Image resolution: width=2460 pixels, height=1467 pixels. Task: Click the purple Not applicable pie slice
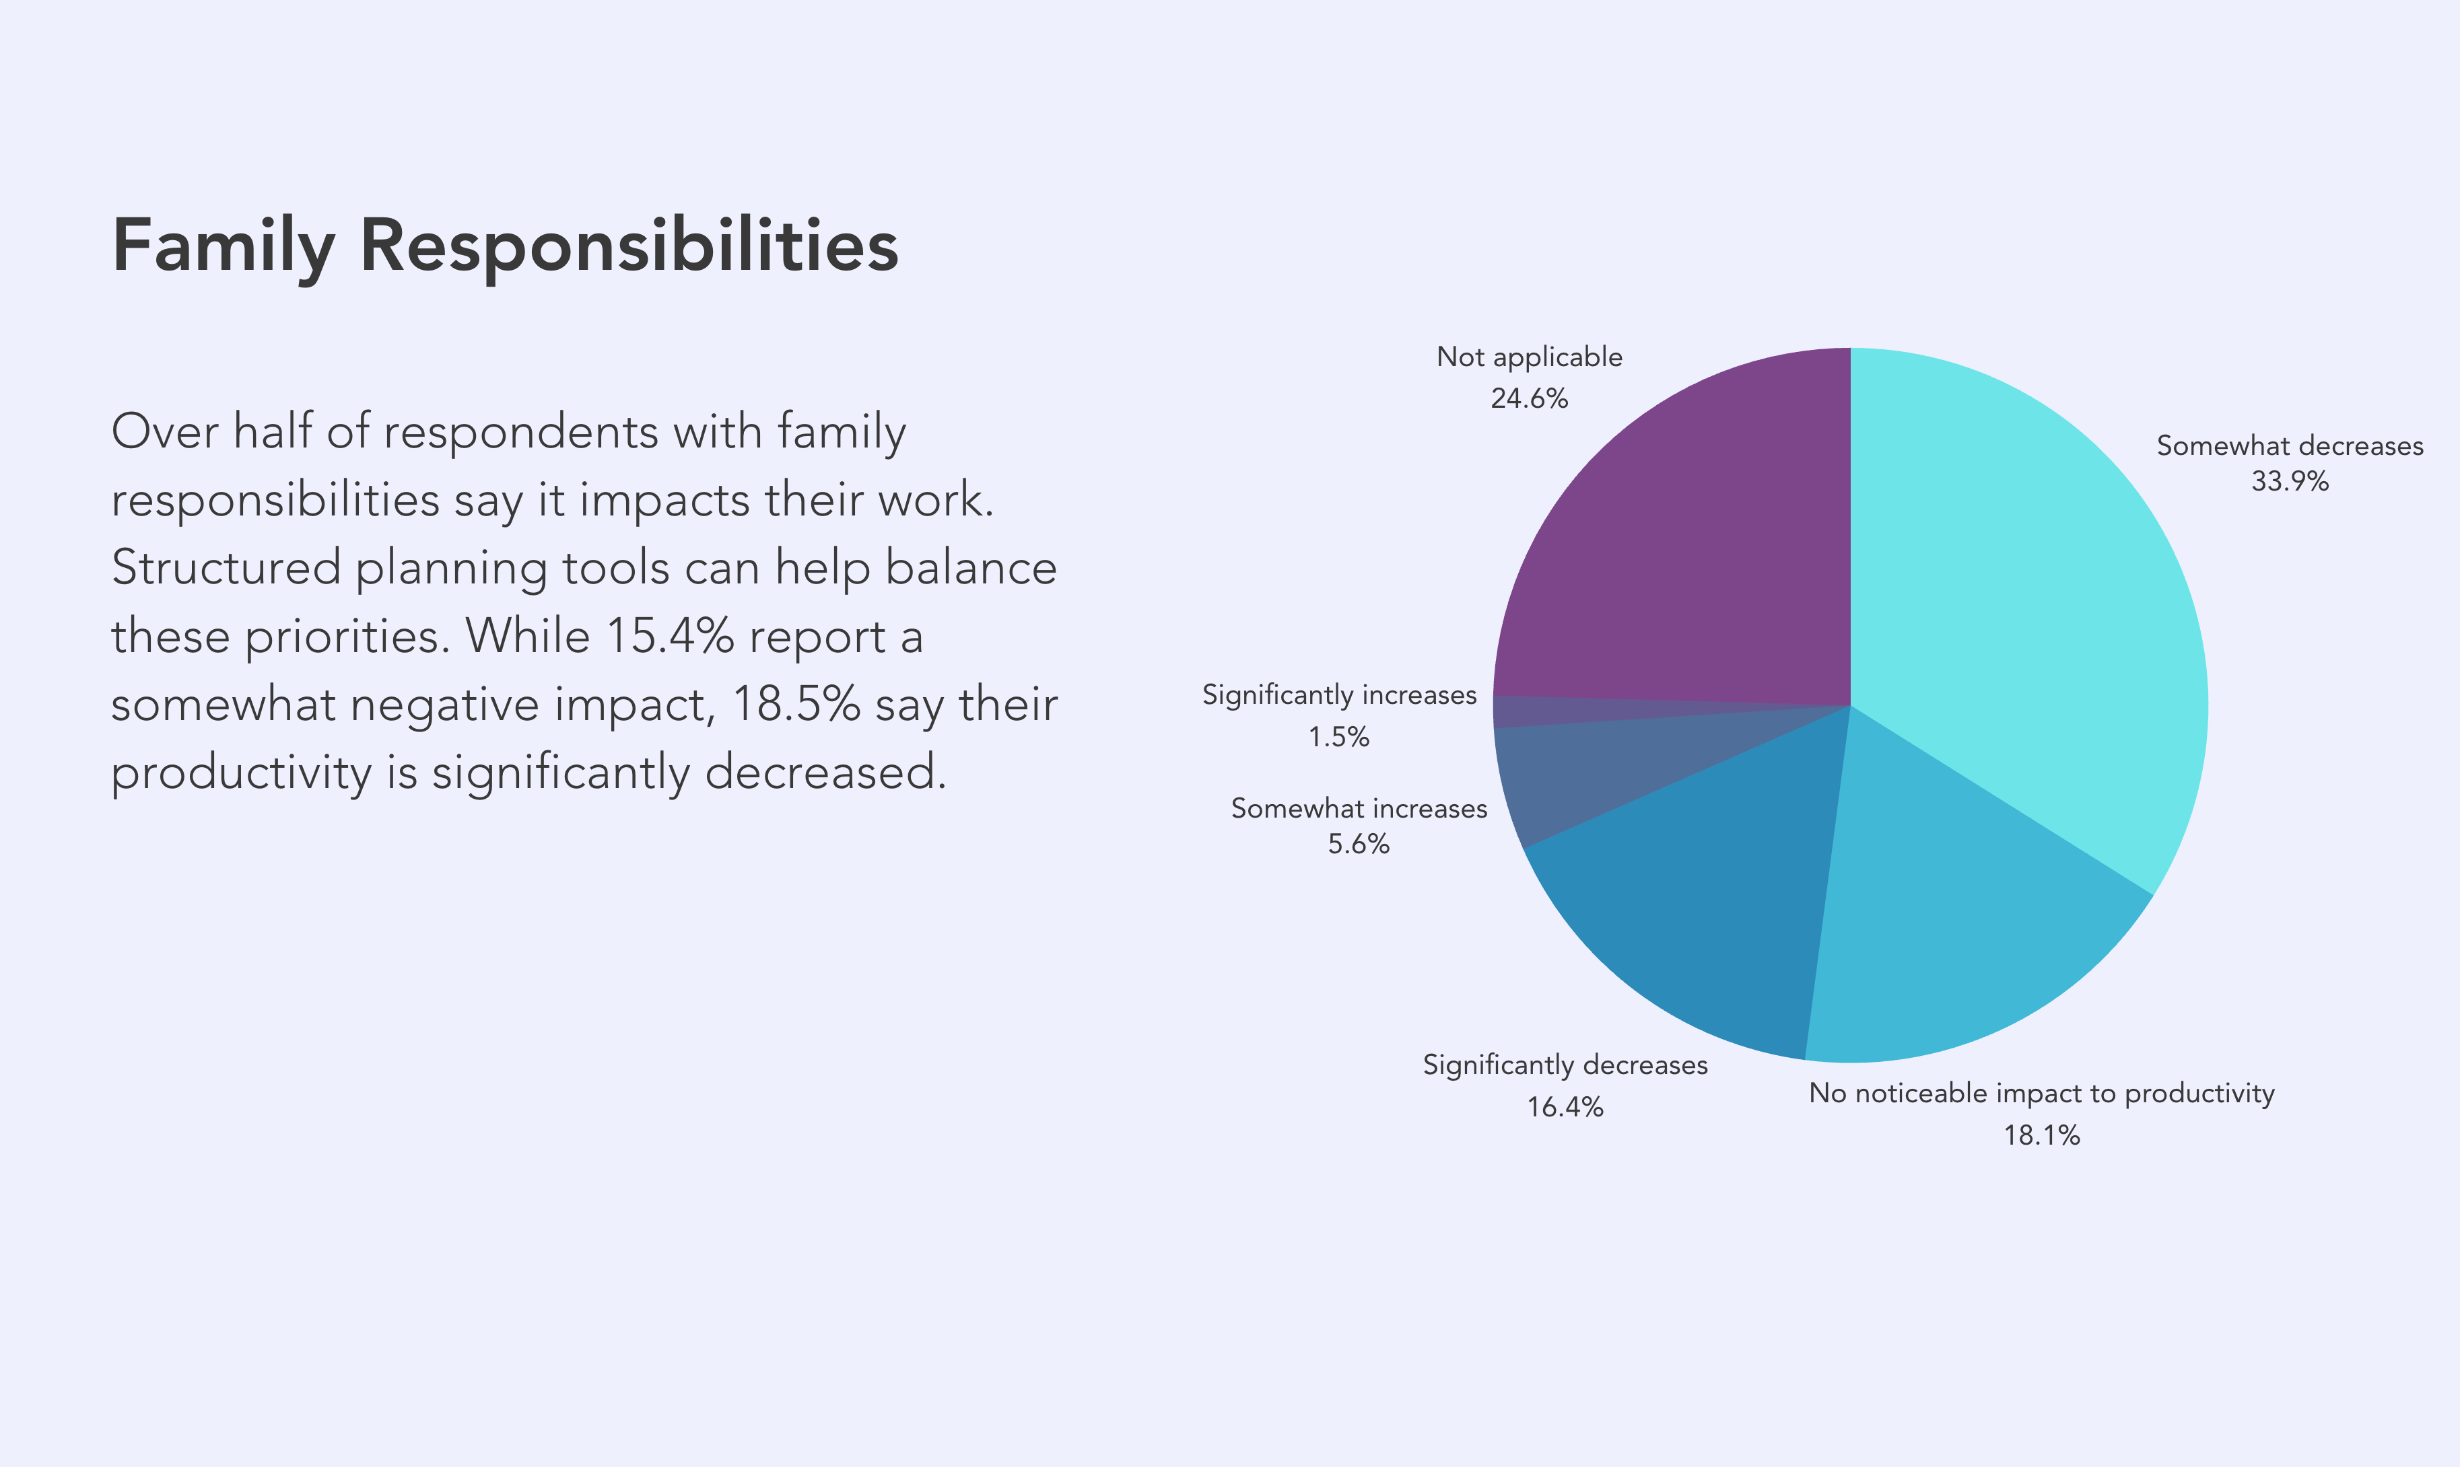pos(1701,554)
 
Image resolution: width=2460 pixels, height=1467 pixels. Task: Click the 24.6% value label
pos(1530,398)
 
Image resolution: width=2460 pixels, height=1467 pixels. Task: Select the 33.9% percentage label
pos(2290,481)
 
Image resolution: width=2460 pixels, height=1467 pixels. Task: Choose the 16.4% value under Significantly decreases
pos(1565,1106)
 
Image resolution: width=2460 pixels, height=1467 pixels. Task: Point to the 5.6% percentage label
pos(1359,845)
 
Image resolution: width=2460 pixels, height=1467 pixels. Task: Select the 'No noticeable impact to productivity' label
pos(2042,1094)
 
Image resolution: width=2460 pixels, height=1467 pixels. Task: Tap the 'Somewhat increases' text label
pos(1359,809)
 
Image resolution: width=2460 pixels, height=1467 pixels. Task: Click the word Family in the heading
pos(224,247)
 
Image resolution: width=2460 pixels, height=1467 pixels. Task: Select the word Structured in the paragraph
pos(226,567)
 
